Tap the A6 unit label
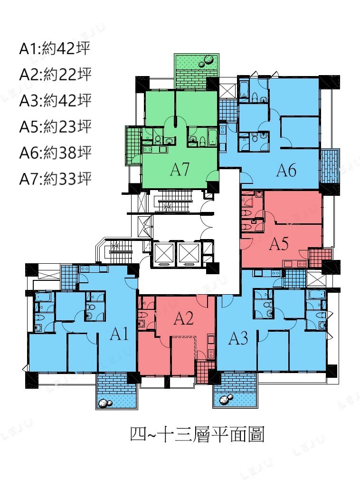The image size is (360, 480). tap(286, 170)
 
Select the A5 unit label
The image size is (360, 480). tap(279, 244)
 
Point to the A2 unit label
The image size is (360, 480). tap(183, 318)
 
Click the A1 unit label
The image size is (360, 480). tap(119, 333)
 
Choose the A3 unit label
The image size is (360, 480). tap(238, 338)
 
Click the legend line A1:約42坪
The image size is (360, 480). tap(55, 49)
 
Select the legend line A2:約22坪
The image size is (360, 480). tap(56, 75)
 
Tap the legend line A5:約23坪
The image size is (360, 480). tap(56, 127)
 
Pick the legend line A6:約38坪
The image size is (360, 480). tap(56, 153)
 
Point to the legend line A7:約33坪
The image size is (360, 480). tap(56, 179)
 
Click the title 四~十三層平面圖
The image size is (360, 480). tap(197, 434)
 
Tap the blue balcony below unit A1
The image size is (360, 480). tap(116, 391)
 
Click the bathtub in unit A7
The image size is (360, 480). tap(212, 137)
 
